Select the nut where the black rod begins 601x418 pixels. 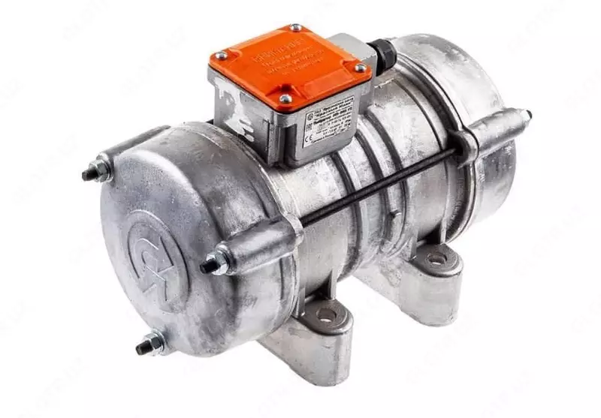click(214, 263)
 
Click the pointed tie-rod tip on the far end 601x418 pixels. click(527, 115)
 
